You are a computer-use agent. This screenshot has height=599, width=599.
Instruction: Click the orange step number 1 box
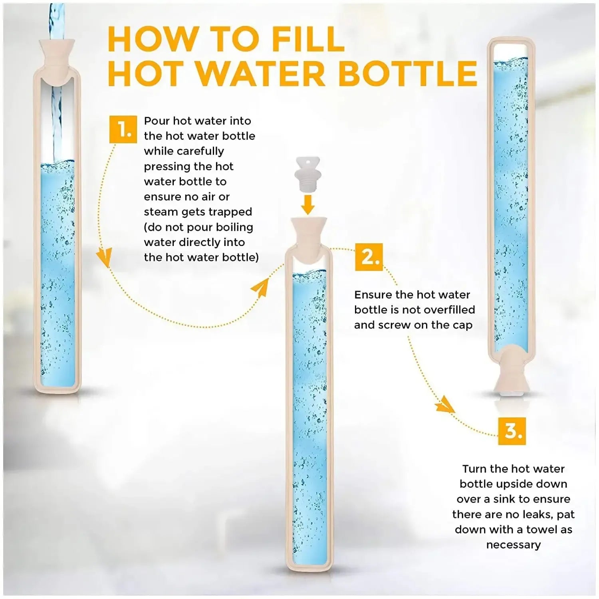point(123,129)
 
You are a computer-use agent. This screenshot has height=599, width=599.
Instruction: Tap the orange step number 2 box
point(369,257)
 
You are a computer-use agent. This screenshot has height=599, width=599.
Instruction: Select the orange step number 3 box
point(512,431)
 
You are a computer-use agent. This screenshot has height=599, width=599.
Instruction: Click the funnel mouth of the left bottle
point(58,52)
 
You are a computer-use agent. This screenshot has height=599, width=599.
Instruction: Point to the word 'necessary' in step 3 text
point(514,545)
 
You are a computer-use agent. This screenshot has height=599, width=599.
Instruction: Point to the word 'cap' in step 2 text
point(462,325)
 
